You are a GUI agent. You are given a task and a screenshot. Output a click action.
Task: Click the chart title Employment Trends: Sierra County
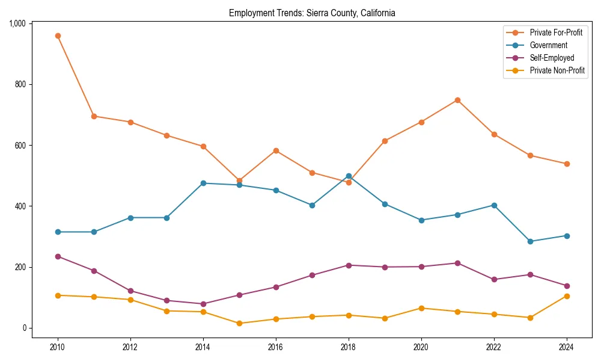(x=312, y=13)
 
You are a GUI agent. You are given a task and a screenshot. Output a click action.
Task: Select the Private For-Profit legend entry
(x=556, y=32)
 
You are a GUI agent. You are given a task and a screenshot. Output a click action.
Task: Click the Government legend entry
(x=548, y=45)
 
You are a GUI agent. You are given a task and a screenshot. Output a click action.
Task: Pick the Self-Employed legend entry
(x=552, y=58)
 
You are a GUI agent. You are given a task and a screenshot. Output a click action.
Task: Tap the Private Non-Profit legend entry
(x=557, y=70)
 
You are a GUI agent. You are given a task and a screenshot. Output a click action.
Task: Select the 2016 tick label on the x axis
(x=276, y=348)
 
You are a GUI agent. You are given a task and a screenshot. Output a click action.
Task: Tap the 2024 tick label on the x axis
(x=567, y=348)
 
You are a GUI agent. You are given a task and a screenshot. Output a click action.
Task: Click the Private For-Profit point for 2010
(x=58, y=35)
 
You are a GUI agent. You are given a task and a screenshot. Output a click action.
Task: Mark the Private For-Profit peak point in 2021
(x=457, y=100)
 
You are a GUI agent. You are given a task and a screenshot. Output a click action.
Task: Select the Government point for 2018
(x=349, y=176)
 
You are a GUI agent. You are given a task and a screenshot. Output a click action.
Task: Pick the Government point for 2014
(x=203, y=183)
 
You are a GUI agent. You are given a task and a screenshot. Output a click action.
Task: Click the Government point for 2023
(x=530, y=241)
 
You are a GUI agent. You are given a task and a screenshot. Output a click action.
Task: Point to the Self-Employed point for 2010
(x=58, y=256)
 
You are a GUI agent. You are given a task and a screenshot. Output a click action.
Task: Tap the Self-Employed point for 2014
(x=203, y=304)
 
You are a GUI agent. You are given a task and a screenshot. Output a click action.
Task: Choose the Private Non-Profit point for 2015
(x=239, y=323)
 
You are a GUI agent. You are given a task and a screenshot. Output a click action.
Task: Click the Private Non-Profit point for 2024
(x=567, y=296)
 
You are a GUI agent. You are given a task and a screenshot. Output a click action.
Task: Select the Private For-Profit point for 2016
(x=276, y=150)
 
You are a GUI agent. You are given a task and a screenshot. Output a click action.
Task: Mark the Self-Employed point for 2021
(x=457, y=263)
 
